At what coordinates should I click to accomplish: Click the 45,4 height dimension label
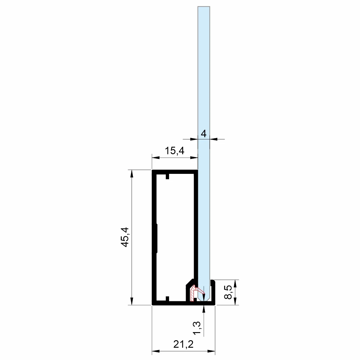tap(125, 237)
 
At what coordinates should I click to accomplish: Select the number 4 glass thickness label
tap(204, 134)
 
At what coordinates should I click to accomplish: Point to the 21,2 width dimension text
tap(183, 344)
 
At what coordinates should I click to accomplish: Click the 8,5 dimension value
tap(228, 292)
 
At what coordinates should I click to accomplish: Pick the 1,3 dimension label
tap(197, 328)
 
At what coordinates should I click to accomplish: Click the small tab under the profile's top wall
tap(167, 177)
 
